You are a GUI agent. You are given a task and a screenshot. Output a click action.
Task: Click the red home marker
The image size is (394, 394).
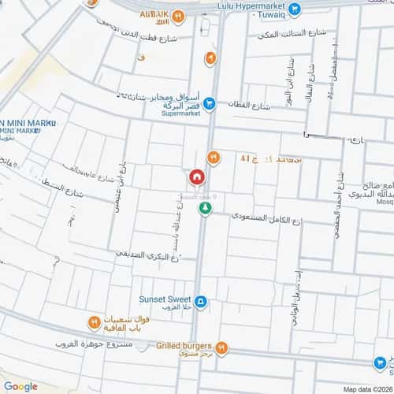(x=195, y=177)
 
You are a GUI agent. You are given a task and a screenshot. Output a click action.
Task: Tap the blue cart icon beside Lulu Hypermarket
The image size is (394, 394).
(x=295, y=10)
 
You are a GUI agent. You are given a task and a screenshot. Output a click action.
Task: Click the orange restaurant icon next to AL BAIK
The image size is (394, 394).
(x=179, y=15)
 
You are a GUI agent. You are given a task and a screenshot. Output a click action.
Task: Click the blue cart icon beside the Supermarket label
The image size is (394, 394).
(x=210, y=102)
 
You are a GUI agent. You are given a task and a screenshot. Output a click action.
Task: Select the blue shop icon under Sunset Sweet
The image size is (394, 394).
(x=201, y=301)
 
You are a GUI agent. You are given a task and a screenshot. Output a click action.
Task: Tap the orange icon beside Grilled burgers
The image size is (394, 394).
(x=223, y=347)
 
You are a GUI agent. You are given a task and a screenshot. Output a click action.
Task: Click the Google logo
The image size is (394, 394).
(x=20, y=385)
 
